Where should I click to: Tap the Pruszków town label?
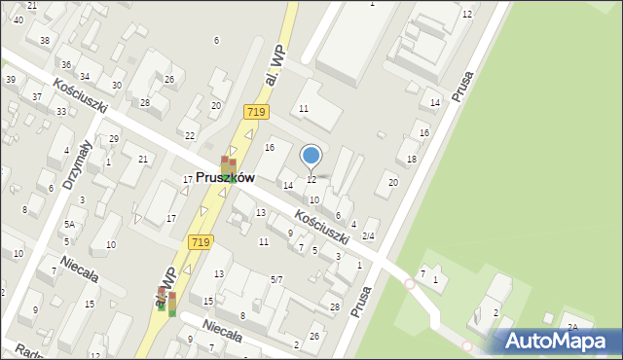(225, 178)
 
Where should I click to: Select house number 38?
(45, 40)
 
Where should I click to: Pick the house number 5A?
(69, 224)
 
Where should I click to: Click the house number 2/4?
(368, 236)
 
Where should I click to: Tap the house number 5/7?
(276, 280)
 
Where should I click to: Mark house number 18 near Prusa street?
(412, 159)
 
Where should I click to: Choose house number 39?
(10, 80)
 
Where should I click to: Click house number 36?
(68, 62)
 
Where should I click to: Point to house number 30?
(117, 86)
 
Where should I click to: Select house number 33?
(61, 112)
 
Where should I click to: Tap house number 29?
(114, 139)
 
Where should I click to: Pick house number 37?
(37, 96)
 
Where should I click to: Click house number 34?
(85, 76)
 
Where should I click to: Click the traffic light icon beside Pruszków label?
(227, 165)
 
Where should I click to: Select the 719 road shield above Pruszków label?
(256, 112)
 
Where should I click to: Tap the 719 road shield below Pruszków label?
(202, 241)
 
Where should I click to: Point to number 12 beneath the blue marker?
(311, 180)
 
